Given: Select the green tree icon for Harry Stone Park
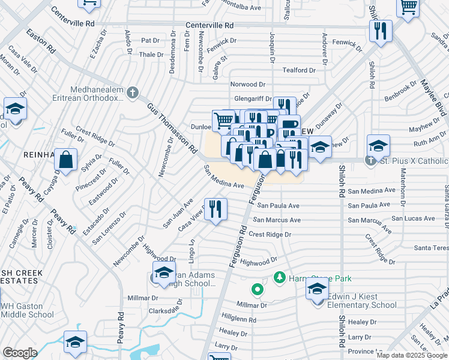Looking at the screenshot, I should pyautogui.click(x=279, y=278).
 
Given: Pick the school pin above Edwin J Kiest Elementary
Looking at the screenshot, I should pyautogui.click(x=317, y=289).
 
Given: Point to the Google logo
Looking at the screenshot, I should pyautogui.click(x=20, y=352).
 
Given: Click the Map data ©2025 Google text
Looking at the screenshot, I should pyautogui.click(x=412, y=355).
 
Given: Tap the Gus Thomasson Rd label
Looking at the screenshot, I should pyautogui.click(x=172, y=127).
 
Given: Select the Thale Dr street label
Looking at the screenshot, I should pyautogui.click(x=151, y=54).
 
